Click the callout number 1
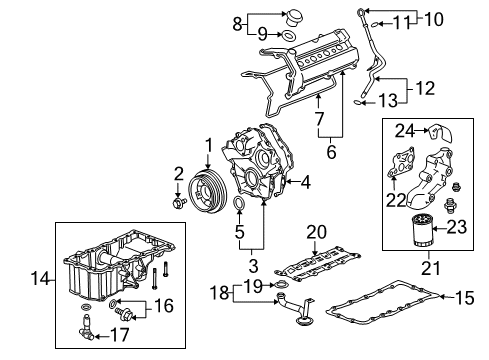click(208, 146)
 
